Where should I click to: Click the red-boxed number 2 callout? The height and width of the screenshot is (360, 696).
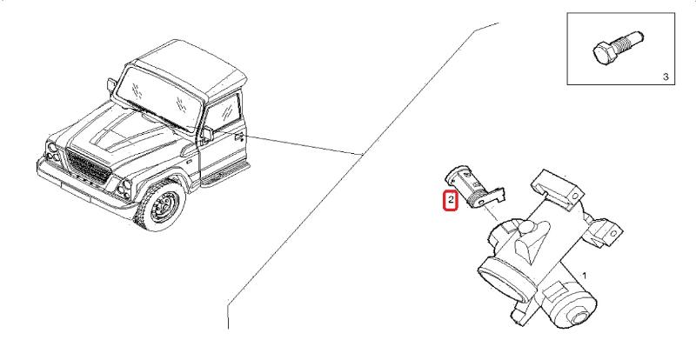(x=451, y=200)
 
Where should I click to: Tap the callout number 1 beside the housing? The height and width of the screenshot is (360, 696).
(x=584, y=276)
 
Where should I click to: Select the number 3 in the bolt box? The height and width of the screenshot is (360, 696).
(x=666, y=77)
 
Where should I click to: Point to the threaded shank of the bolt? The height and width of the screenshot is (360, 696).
(x=627, y=41)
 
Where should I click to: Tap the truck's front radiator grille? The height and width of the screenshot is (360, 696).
(x=88, y=167)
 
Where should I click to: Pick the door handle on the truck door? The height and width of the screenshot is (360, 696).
(x=239, y=137)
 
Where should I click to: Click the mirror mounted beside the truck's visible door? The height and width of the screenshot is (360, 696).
(x=207, y=135)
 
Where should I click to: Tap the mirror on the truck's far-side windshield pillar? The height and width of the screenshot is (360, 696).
(x=112, y=85)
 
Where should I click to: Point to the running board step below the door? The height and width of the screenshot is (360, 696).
(x=225, y=174)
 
